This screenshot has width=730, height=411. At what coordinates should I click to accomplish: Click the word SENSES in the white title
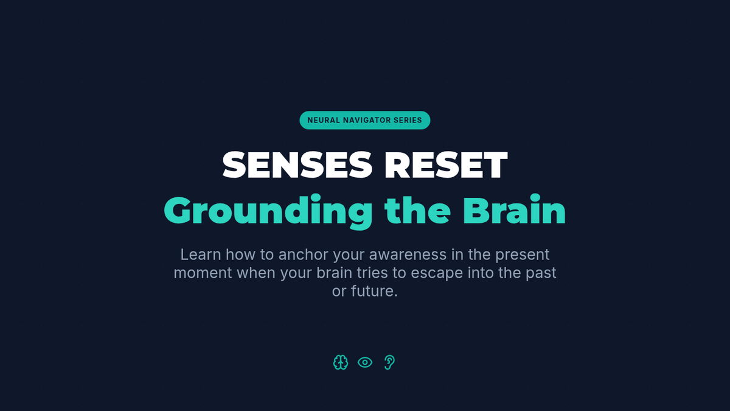coord(297,165)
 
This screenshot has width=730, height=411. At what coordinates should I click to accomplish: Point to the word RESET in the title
coord(446,165)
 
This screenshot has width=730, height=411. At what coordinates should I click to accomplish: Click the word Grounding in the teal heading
coord(268,212)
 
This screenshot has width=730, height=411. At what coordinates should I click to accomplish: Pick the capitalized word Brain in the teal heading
coord(514,209)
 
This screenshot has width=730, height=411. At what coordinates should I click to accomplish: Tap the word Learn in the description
coord(201,255)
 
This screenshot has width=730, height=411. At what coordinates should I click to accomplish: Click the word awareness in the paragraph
coord(408,255)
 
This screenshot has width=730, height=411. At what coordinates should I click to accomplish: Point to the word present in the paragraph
coord(523,255)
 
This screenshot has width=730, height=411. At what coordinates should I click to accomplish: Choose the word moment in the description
coord(203,273)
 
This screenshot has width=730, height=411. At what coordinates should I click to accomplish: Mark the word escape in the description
coord(437,274)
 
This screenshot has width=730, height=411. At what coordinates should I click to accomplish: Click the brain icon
coord(341,362)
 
